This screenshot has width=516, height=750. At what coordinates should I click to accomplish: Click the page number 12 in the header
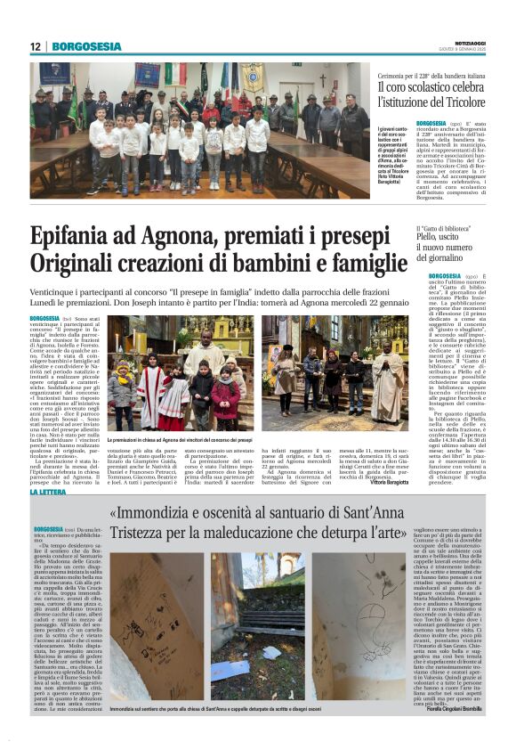36,46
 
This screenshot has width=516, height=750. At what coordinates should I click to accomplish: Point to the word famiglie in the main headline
357,264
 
